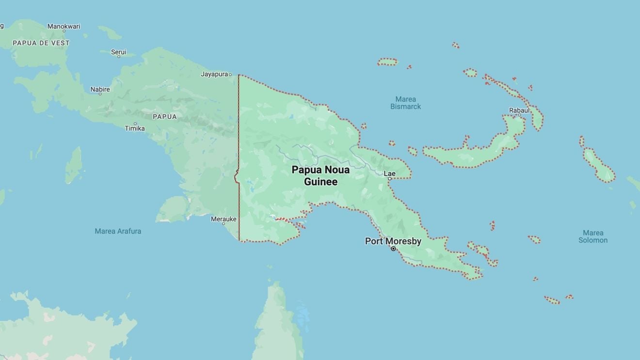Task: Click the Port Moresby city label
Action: click(393, 241)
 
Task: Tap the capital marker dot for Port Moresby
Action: click(393, 249)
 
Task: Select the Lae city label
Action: click(389, 173)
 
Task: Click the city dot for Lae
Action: click(389, 179)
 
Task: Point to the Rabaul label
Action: click(519, 110)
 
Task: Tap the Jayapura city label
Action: click(214, 74)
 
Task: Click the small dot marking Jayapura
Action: click(230, 75)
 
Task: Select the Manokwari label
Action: click(64, 26)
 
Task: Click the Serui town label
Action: click(118, 52)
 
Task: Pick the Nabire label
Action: click(100, 89)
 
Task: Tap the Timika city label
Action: click(135, 128)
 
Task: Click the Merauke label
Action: click(224, 219)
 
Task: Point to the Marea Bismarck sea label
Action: click(405, 103)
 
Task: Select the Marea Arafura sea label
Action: click(118, 231)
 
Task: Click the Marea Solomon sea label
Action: click(593, 236)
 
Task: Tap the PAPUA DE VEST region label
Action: click(41, 43)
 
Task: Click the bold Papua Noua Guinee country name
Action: click(320, 176)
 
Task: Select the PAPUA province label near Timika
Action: click(165, 116)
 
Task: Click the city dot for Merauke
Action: click(224, 224)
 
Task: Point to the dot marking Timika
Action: click(135, 124)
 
